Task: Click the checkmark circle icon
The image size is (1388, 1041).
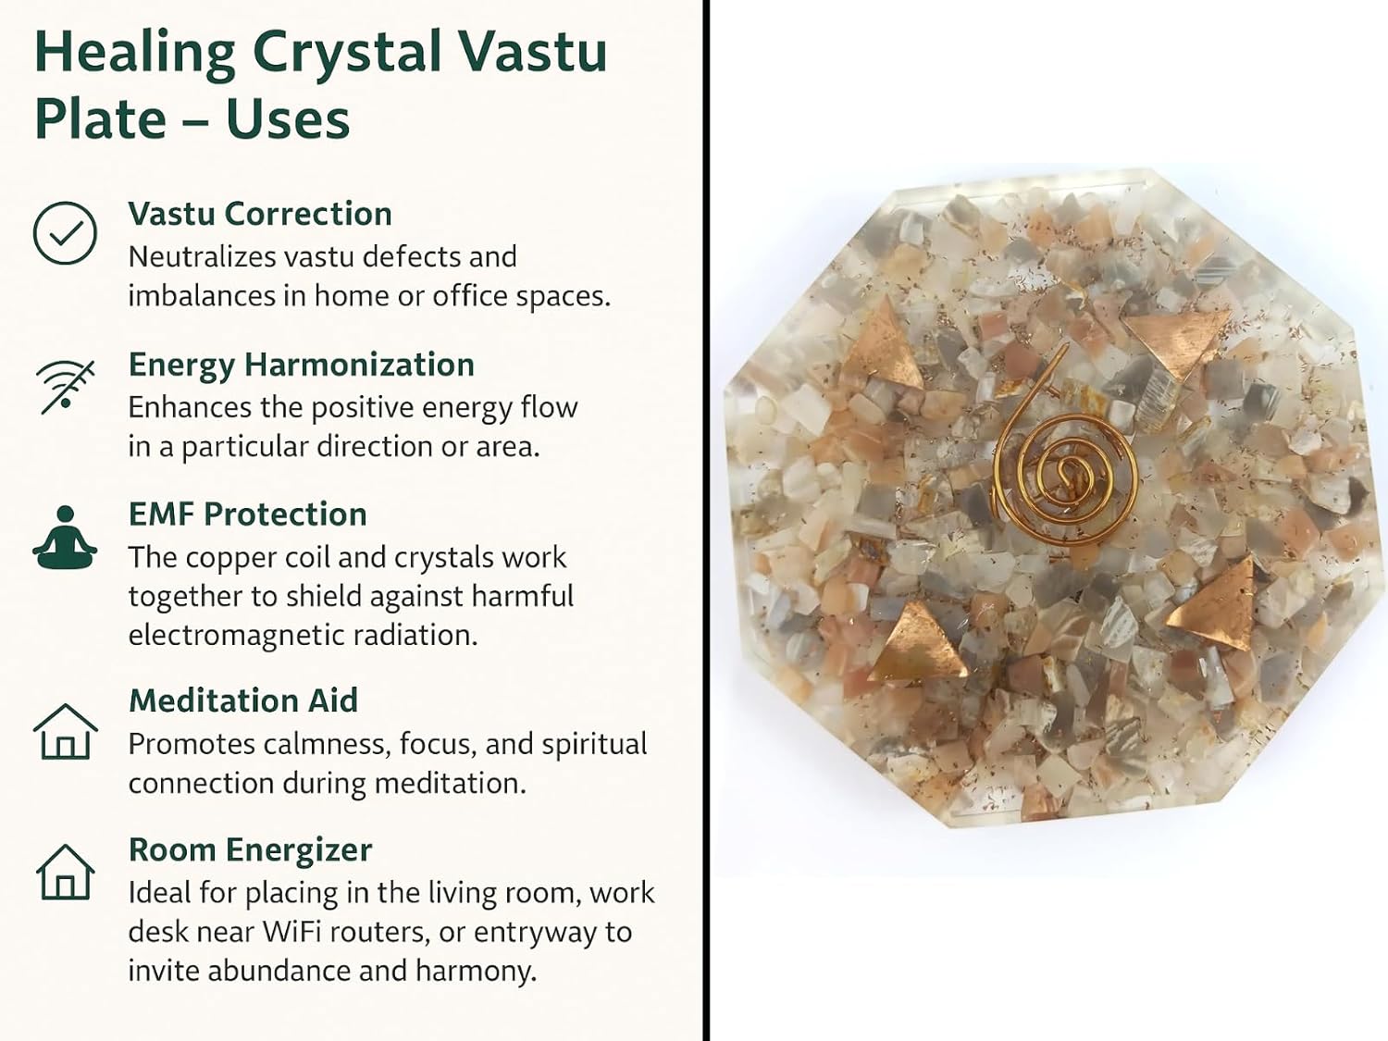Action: pos(65,232)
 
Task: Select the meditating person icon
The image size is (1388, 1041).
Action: pos(65,538)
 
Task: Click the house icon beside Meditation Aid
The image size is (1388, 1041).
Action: pos(65,731)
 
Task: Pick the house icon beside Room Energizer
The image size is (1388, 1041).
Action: pos(65,872)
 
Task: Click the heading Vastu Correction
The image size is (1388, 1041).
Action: pos(260,214)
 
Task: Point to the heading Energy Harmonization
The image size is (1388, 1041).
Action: pos(301,366)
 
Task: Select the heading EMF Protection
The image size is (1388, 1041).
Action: pos(247,514)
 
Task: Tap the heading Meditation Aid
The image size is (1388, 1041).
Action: pos(242,700)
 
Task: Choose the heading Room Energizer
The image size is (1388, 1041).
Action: pos(251,850)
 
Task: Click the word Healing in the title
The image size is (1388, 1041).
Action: pos(135,53)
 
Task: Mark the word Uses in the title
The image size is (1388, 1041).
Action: pos(288,120)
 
